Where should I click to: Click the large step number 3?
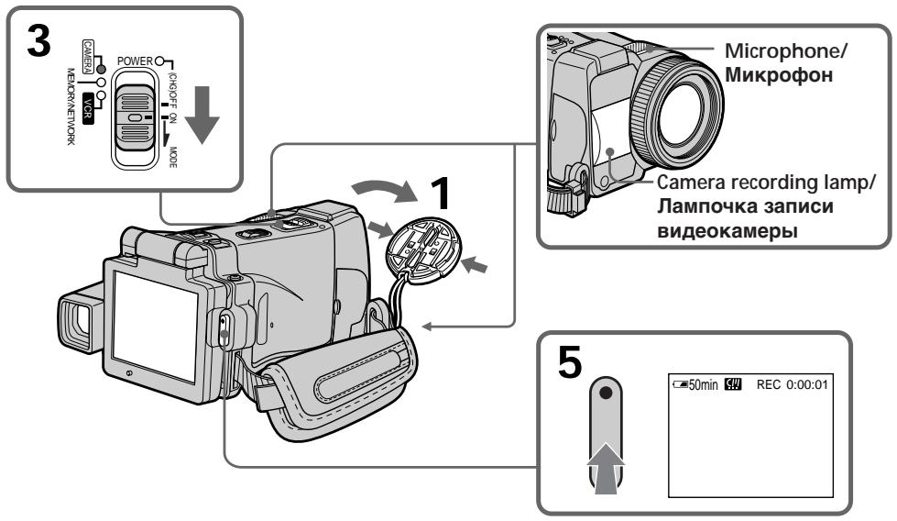(38, 42)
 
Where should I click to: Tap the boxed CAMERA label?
(88, 57)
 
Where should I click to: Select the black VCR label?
(87, 108)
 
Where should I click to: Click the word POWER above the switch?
(135, 61)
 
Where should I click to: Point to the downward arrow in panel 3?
(202, 115)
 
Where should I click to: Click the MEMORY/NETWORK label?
(71, 106)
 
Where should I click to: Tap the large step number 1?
(440, 194)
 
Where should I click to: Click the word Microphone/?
(785, 51)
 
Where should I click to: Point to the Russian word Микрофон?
(779, 75)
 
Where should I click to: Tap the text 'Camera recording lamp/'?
(766, 183)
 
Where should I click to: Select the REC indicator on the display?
(769, 384)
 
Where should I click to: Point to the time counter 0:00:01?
(806, 384)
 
